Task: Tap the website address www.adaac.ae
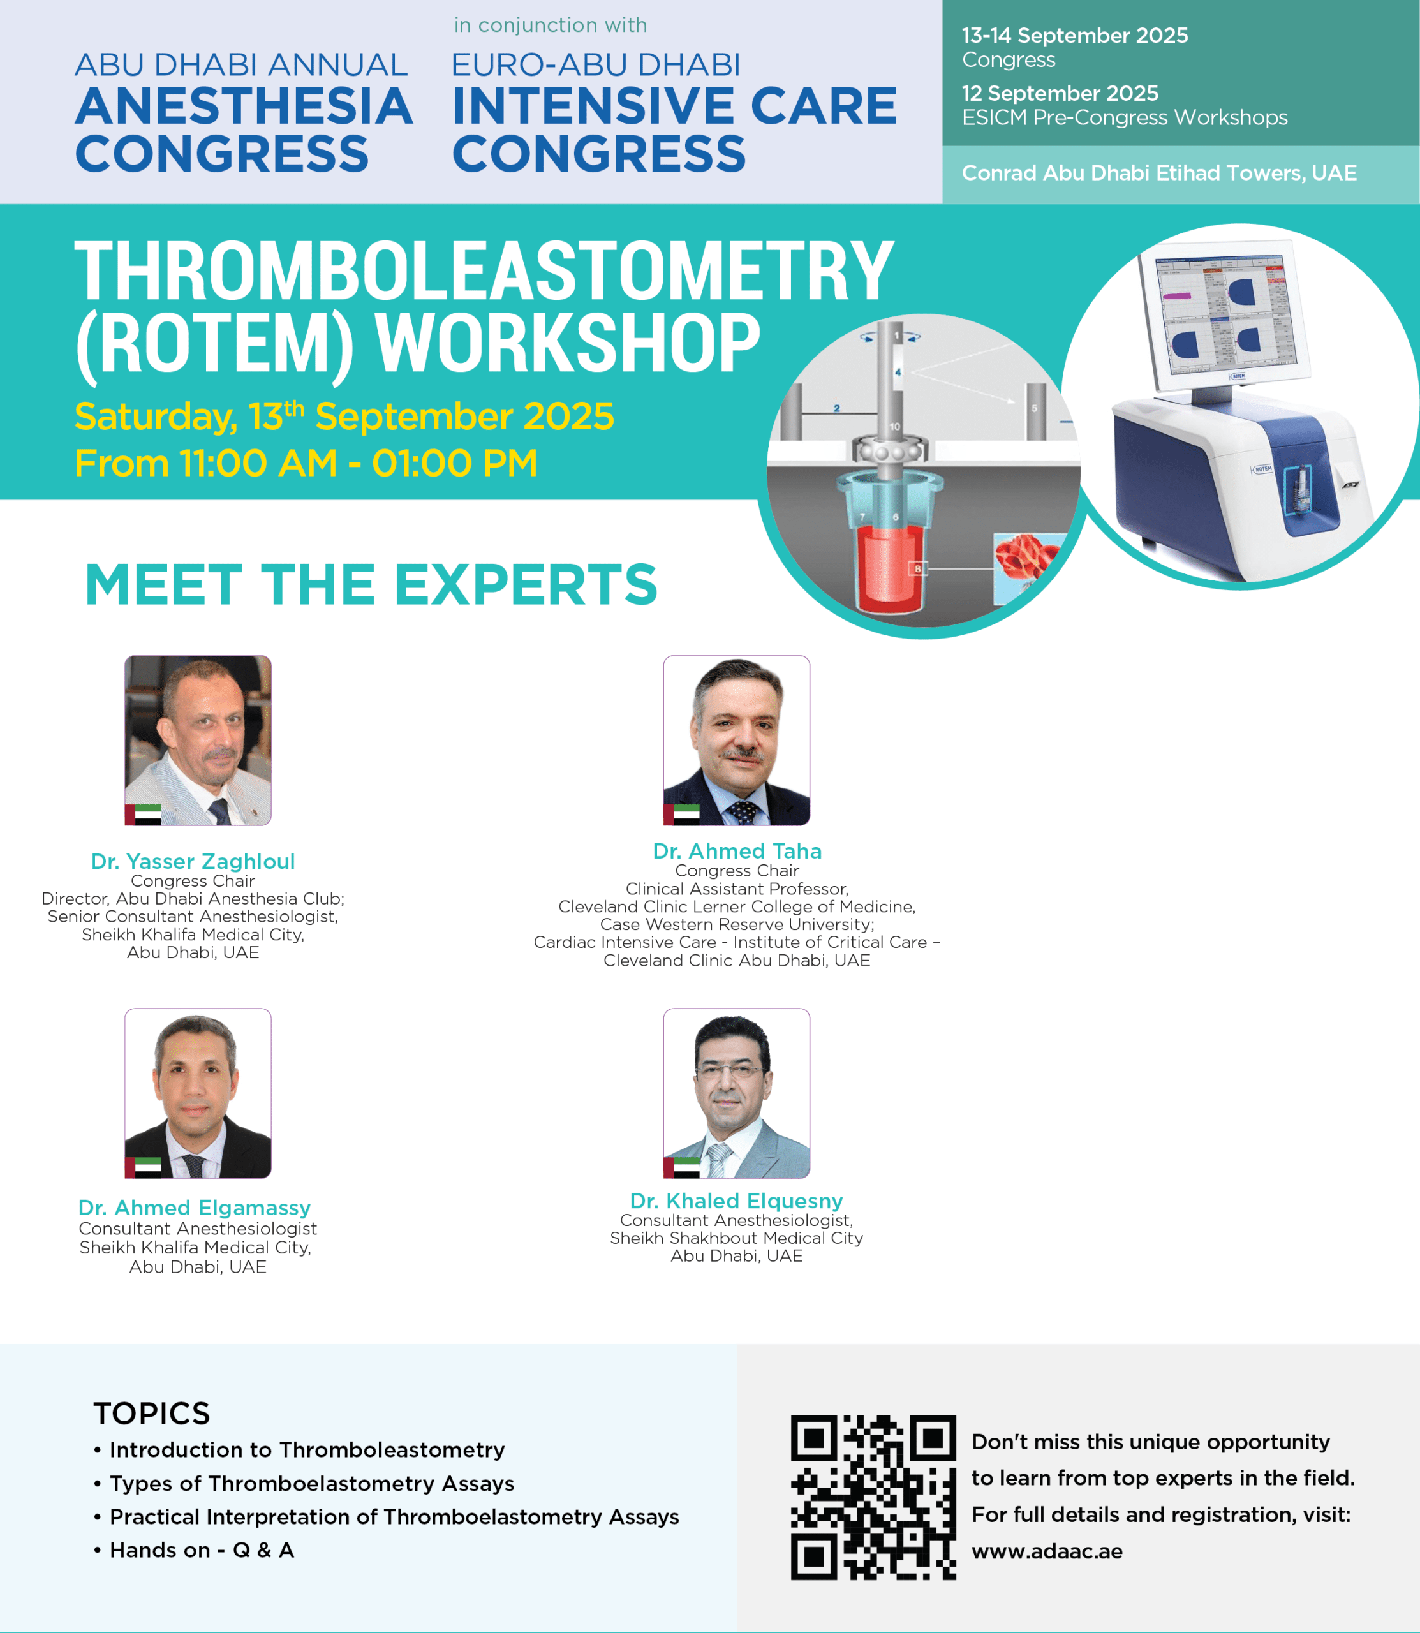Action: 1047,1551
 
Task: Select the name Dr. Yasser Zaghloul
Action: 193,861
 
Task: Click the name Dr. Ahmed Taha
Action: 737,851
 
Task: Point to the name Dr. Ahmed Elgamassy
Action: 194,1208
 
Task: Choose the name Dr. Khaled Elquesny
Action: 736,1201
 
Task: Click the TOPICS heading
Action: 151,1414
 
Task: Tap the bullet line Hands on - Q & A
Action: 202,1550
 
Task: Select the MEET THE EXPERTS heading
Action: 371,585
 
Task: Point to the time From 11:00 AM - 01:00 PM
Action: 306,464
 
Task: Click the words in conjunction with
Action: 551,26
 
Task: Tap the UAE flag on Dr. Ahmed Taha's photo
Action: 681,815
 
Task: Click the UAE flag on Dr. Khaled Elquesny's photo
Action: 681,1167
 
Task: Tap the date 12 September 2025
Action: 1060,94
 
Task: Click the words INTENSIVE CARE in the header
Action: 674,105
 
